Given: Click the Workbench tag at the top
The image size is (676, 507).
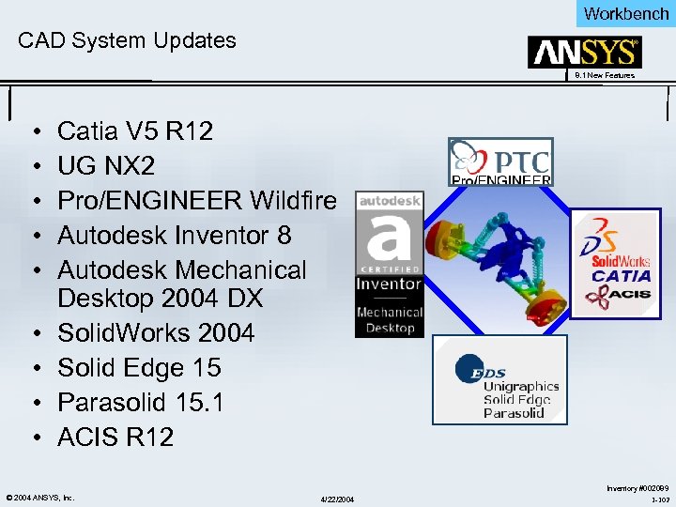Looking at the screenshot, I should (x=626, y=13).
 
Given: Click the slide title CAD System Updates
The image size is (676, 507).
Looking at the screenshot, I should (x=128, y=40).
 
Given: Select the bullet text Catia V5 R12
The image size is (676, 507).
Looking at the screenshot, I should (x=135, y=131).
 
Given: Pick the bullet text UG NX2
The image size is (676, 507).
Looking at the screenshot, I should (x=106, y=165).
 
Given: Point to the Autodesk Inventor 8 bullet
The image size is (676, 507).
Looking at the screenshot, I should (x=174, y=235).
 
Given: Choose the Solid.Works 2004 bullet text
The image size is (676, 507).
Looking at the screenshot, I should (x=155, y=332).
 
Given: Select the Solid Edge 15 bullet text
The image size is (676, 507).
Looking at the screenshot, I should (x=139, y=367).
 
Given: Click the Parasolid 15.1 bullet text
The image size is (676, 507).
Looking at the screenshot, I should (x=141, y=402).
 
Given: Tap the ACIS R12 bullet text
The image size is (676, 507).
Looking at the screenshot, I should (x=115, y=437).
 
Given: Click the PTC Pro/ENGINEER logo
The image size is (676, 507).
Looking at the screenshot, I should (x=500, y=161).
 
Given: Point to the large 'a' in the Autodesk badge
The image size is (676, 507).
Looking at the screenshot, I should (x=389, y=240).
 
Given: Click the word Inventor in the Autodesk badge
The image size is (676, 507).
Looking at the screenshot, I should (x=389, y=284).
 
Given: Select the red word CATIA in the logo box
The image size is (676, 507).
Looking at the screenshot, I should (x=622, y=276).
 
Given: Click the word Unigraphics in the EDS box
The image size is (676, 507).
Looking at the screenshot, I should (x=520, y=386).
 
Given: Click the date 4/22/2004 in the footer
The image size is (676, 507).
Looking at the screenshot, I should (x=337, y=499).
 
